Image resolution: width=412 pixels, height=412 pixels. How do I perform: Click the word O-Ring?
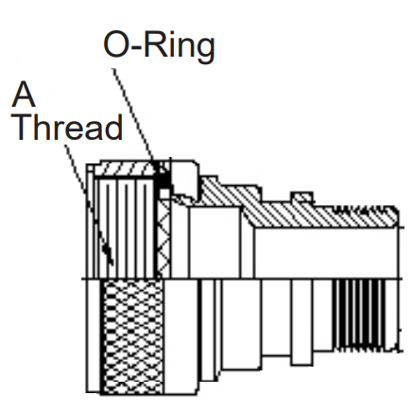coord(159,46)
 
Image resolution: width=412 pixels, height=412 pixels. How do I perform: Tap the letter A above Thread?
coord(23,94)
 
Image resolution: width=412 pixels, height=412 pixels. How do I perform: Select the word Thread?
coord(68,127)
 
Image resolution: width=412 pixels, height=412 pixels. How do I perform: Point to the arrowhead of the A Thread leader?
coord(108,254)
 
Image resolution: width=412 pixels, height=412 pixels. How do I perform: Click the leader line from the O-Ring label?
coord(134,115)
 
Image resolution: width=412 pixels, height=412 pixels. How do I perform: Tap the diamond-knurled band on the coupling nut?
coord(132,336)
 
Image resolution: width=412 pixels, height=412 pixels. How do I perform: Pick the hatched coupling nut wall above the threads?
coord(127,168)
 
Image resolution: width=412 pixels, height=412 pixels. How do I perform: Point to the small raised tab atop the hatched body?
coord(302,197)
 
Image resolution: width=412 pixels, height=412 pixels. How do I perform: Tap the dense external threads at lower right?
coord(361,314)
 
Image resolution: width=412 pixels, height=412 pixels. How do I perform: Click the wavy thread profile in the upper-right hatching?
coord(362,209)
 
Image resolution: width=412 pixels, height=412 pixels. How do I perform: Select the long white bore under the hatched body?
coord(326,253)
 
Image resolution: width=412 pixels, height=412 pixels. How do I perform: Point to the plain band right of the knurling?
coord(181,336)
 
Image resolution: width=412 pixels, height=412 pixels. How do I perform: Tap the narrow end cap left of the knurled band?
coord(94,336)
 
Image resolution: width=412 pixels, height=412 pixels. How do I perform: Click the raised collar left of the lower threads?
coord(302,322)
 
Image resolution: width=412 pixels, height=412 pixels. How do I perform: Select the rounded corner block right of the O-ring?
coord(186,177)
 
